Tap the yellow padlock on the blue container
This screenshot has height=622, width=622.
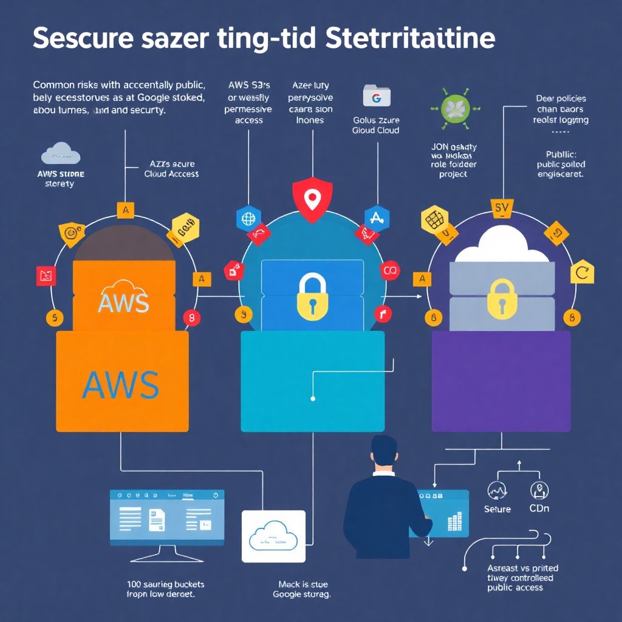312,295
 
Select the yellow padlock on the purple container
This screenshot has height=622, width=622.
502,297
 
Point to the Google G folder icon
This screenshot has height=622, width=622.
376,96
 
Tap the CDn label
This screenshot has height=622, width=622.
539,508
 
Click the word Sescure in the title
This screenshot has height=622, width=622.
83,39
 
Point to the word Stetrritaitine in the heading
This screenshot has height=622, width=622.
410,39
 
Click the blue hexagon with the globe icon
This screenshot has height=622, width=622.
248,219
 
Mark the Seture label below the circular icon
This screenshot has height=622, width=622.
497,508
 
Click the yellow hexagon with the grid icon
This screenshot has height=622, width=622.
435,220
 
